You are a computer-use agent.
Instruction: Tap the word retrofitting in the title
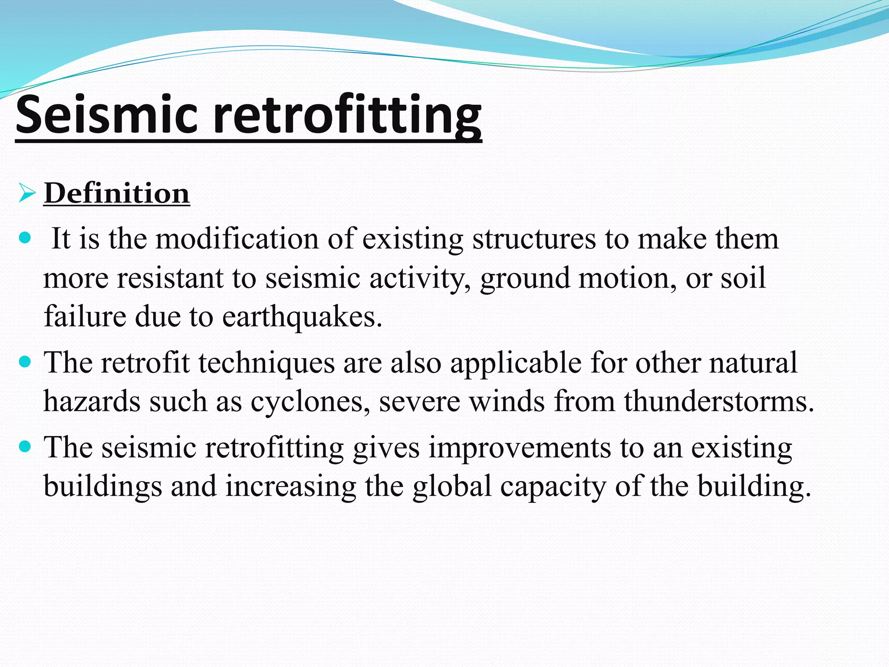(347, 115)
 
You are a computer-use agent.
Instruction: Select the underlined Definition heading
(117, 193)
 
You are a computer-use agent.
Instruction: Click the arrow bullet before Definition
(26, 193)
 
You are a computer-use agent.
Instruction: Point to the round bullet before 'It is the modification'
(26, 238)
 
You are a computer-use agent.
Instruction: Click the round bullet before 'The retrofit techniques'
(26, 361)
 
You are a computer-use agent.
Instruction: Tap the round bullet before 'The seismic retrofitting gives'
(26, 446)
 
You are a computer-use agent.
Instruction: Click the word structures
(534, 239)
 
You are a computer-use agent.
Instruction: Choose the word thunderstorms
(718, 401)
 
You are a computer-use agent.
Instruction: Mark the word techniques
(267, 363)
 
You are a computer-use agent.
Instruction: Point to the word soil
(743, 278)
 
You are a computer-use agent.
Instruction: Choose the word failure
(85, 316)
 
